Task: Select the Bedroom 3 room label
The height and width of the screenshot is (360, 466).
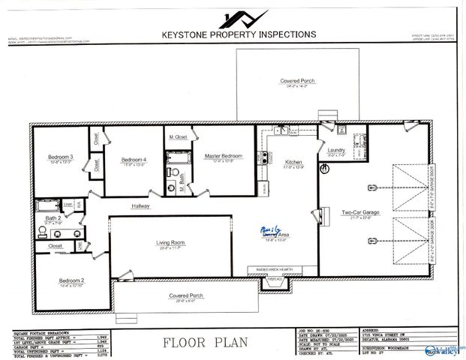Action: pyautogui.click(x=59, y=157)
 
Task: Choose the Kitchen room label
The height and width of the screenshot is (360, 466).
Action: pyautogui.click(x=293, y=162)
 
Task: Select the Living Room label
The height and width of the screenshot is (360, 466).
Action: pyautogui.click(x=170, y=242)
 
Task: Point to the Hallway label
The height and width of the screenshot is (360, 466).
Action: pyautogui.click(x=141, y=205)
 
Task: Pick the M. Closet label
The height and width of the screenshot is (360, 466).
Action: pyautogui.click(x=177, y=136)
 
